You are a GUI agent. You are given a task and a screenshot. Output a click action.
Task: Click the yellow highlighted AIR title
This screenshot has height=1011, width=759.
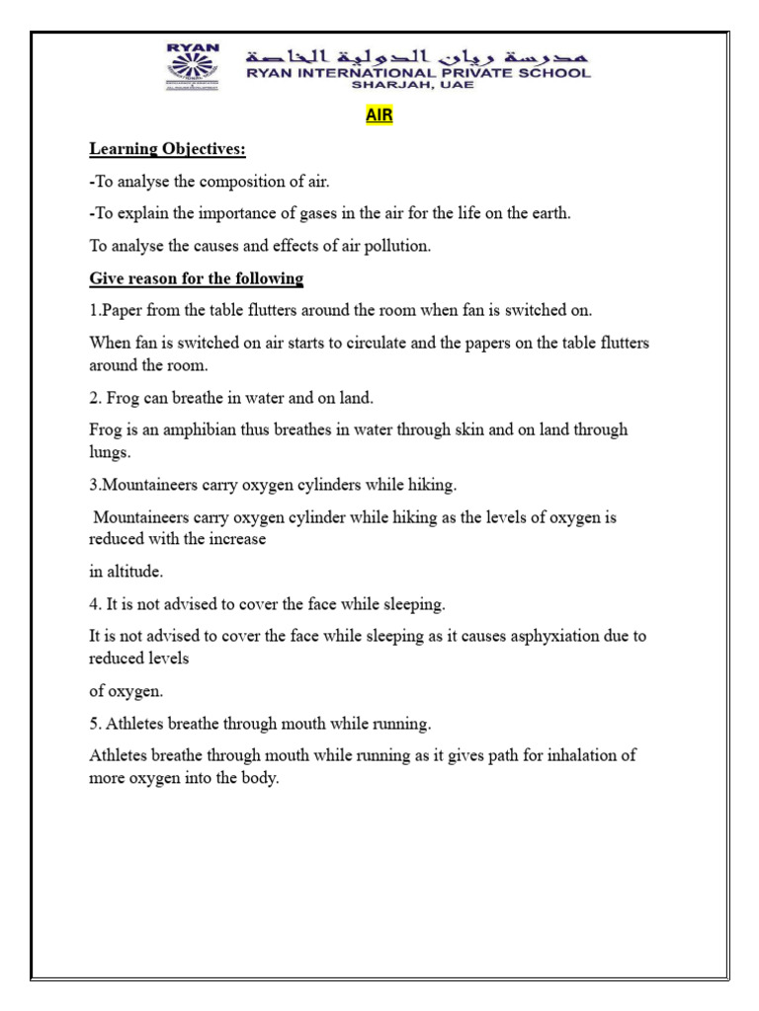click(379, 117)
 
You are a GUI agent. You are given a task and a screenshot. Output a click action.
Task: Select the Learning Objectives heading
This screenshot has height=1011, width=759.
click(167, 149)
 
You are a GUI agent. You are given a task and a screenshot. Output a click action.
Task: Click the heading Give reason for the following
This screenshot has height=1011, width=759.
click(196, 277)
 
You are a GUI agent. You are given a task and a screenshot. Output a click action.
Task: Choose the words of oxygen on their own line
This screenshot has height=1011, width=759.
click(125, 690)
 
